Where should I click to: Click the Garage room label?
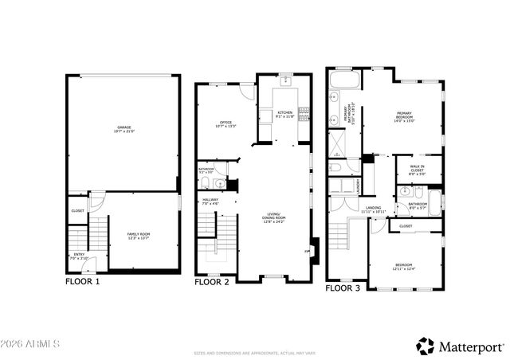[x=124, y=128]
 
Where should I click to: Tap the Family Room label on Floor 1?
[x=139, y=235]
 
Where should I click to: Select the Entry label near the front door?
[x=79, y=256]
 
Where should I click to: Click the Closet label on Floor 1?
[x=77, y=211]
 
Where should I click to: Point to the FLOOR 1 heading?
[x=83, y=281]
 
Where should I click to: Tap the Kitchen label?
[x=284, y=115]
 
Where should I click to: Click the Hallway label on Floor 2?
[x=210, y=202]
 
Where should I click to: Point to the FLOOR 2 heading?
[x=213, y=281]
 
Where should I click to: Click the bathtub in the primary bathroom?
[x=343, y=80]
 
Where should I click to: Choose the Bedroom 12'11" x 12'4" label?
[x=406, y=267]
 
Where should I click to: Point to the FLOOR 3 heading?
[x=343, y=288]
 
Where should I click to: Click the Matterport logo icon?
[x=426, y=346]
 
